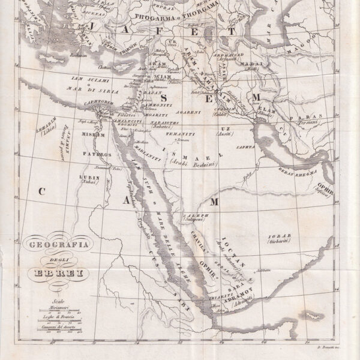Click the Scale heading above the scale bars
click(57, 303)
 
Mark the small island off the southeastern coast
click(311, 314)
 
